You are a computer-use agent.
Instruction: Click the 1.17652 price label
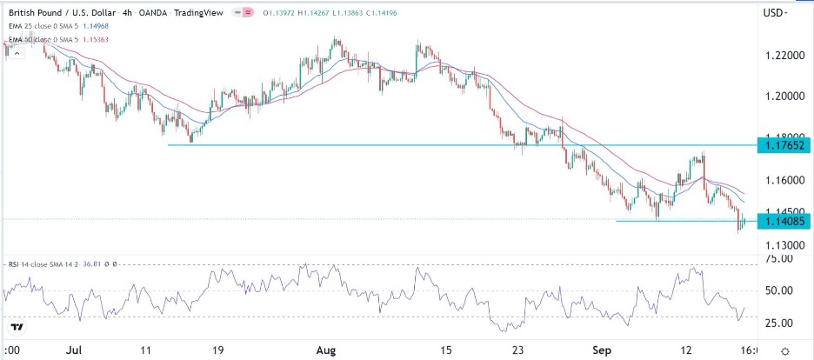[x=784, y=145]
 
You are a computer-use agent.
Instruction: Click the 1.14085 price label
[x=784, y=221]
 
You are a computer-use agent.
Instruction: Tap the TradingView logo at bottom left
[x=16, y=327]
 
